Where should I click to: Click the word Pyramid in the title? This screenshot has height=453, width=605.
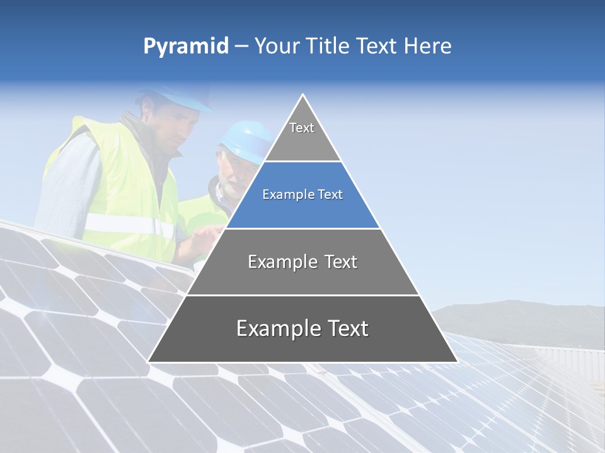[x=186, y=46]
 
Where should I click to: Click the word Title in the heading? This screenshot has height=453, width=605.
[x=327, y=46]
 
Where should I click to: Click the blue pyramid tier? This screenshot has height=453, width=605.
[x=302, y=195]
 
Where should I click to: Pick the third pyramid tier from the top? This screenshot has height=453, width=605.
[x=302, y=262]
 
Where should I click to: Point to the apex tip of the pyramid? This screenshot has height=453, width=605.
[x=302, y=96]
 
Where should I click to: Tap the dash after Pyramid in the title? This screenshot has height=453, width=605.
[x=241, y=46]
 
